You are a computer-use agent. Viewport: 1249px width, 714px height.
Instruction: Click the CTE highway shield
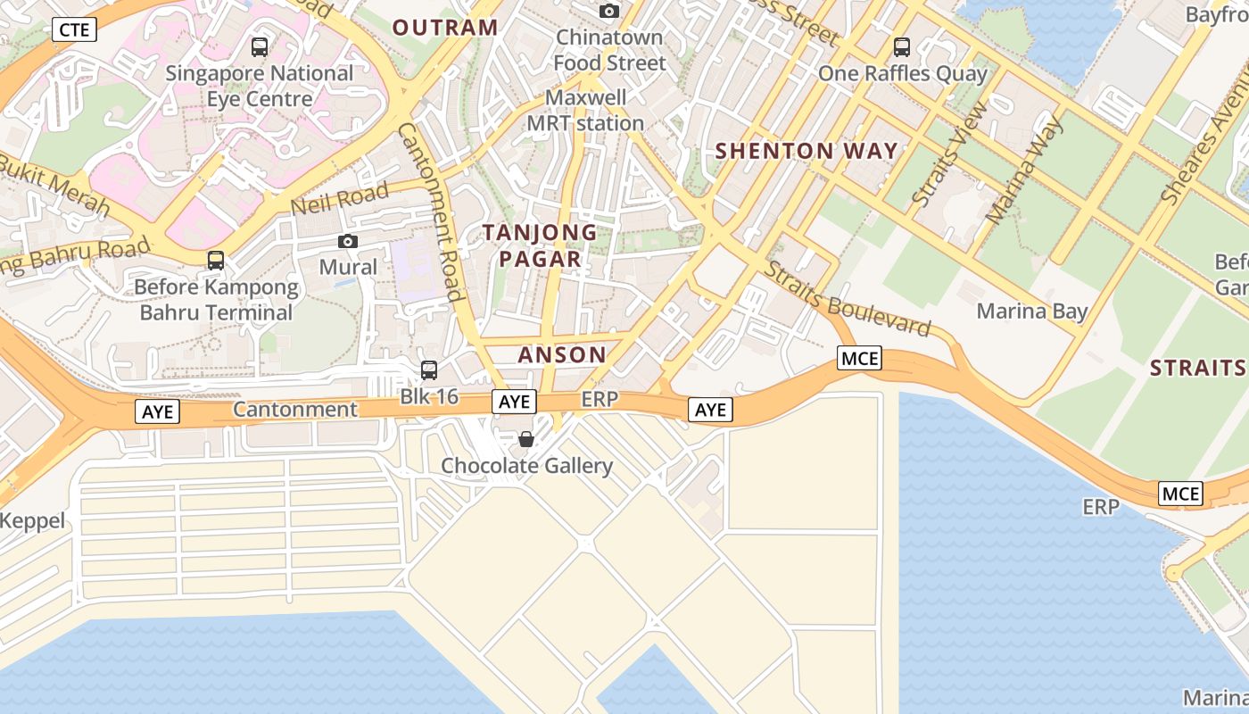point(74,29)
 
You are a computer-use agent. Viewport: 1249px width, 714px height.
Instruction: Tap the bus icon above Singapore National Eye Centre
point(260,47)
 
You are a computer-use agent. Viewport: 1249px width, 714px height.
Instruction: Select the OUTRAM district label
point(445,28)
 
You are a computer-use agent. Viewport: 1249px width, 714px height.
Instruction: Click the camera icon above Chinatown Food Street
point(609,11)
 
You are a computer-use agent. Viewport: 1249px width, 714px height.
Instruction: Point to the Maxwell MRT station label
point(585,110)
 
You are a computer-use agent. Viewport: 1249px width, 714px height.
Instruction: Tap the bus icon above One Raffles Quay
point(902,47)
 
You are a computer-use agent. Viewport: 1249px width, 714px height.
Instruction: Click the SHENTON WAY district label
point(806,151)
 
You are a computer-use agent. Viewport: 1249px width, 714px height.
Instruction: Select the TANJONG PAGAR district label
point(540,245)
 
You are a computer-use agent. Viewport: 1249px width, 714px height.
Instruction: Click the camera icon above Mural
point(348,241)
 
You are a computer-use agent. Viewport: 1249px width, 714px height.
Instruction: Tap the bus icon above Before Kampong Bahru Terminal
point(216,261)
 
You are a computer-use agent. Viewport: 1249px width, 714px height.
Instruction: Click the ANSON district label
point(562,354)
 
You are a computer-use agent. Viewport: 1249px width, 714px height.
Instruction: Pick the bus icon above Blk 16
point(429,369)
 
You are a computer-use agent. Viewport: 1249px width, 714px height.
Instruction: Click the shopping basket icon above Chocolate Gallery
point(526,439)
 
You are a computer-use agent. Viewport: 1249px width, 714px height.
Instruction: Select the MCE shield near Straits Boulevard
point(859,359)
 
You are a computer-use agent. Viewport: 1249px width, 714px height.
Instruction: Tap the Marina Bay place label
point(1032,311)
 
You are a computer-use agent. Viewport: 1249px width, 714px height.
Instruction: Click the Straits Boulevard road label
point(848,299)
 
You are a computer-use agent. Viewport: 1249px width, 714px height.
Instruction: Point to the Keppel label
point(33,520)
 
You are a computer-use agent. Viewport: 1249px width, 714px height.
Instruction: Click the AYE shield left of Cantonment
point(158,411)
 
